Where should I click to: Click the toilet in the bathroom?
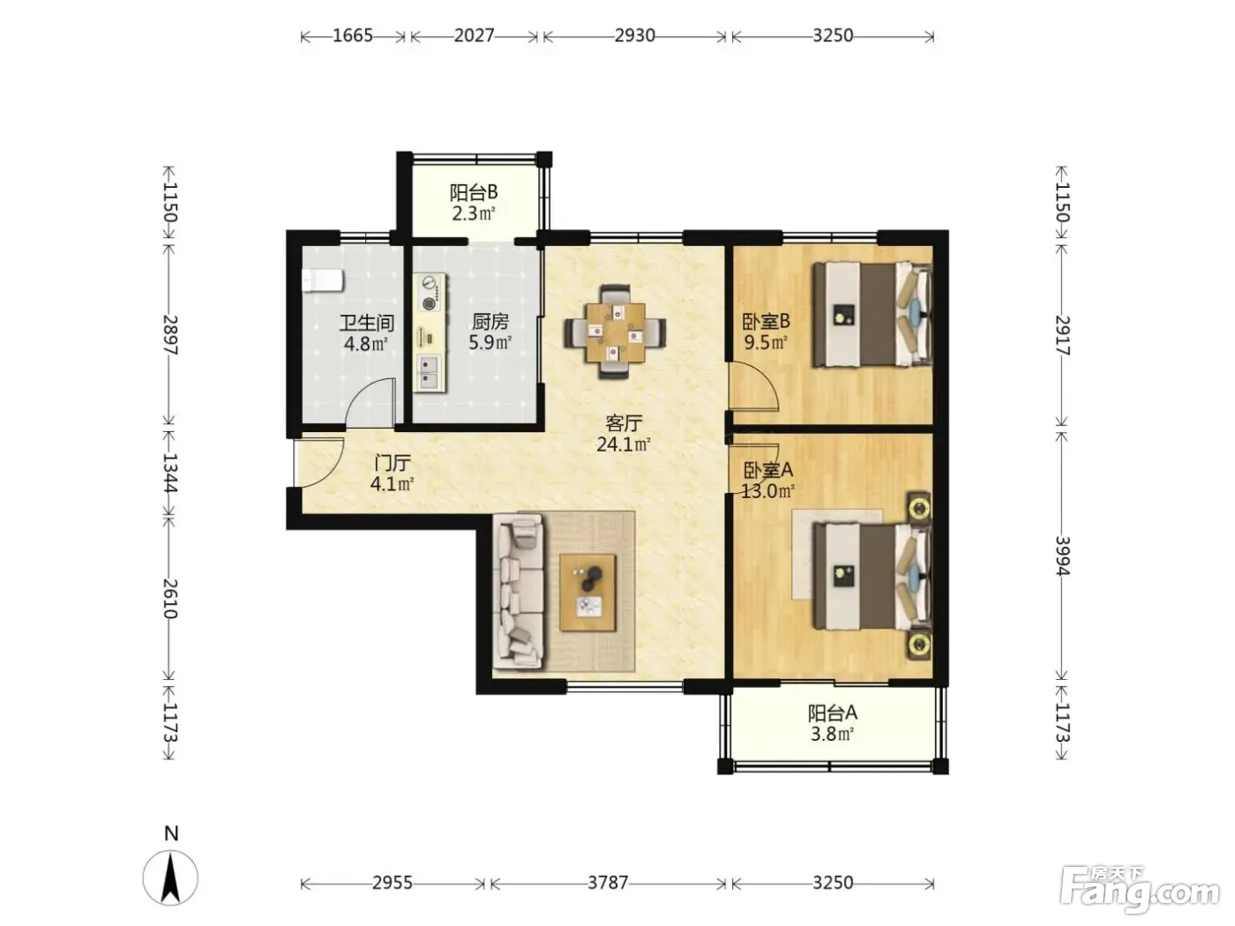[322, 280]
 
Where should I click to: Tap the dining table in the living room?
[615, 332]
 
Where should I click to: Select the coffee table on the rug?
[588, 593]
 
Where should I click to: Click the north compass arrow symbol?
[170, 877]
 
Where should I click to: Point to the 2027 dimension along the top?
[474, 36]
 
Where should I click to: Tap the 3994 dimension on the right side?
[1061, 556]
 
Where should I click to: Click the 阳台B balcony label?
[473, 193]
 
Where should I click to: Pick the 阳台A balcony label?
[832, 713]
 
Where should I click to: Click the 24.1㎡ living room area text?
[624, 444]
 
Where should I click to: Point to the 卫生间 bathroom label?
[366, 323]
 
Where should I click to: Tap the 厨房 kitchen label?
[490, 322]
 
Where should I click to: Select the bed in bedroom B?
[872, 315]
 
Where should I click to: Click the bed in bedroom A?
[872, 576]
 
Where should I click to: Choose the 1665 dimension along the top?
[353, 36]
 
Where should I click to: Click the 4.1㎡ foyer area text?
[393, 483]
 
